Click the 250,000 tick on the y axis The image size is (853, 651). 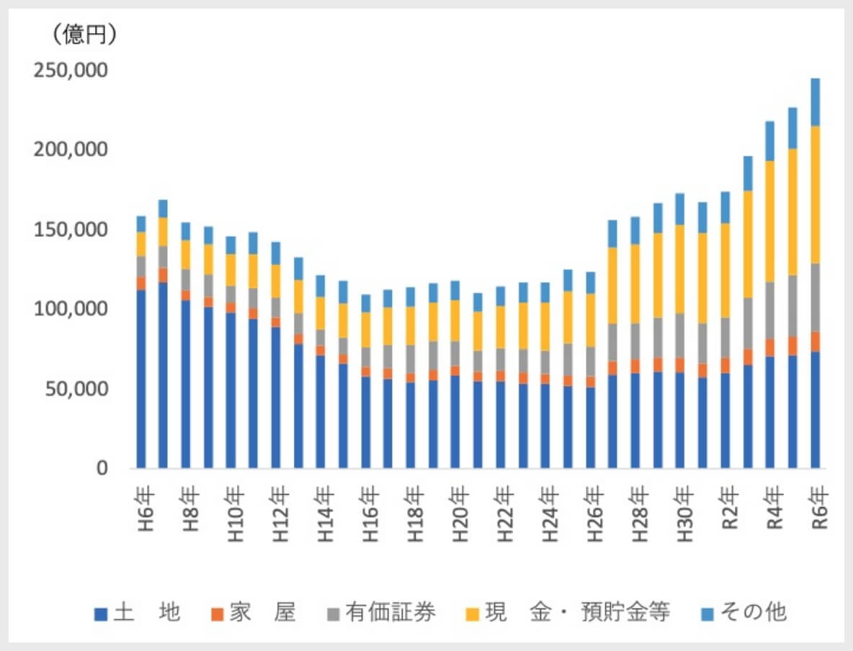click(x=71, y=71)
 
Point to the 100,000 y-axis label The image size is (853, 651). click(x=71, y=310)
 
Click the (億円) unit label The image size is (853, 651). click(x=80, y=35)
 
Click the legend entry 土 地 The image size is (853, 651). click(x=138, y=614)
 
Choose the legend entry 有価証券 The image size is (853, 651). click(x=382, y=614)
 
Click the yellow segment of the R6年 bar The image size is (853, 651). click(x=816, y=194)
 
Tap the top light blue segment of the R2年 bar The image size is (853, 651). click(x=725, y=207)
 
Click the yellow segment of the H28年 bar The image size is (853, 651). click(x=635, y=284)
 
